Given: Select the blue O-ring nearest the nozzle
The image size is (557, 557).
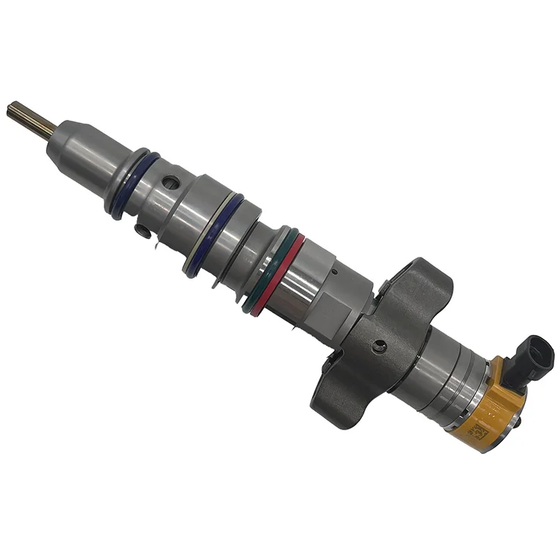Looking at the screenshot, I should click(133, 185).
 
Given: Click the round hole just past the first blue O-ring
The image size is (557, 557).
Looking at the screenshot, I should click(168, 186).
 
